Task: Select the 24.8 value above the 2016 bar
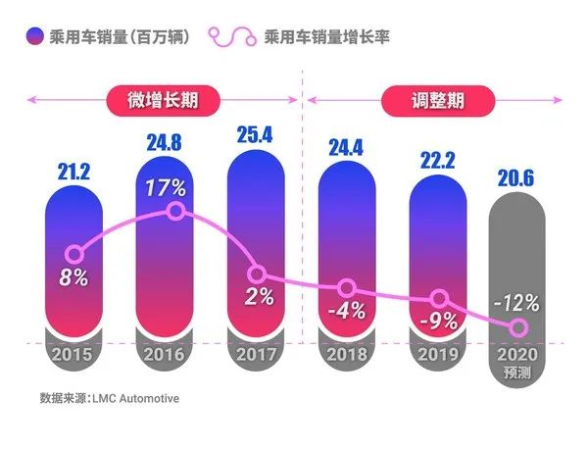[164, 151]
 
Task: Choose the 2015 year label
[74, 354]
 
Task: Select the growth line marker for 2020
[519, 327]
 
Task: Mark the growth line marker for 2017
[257, 276]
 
